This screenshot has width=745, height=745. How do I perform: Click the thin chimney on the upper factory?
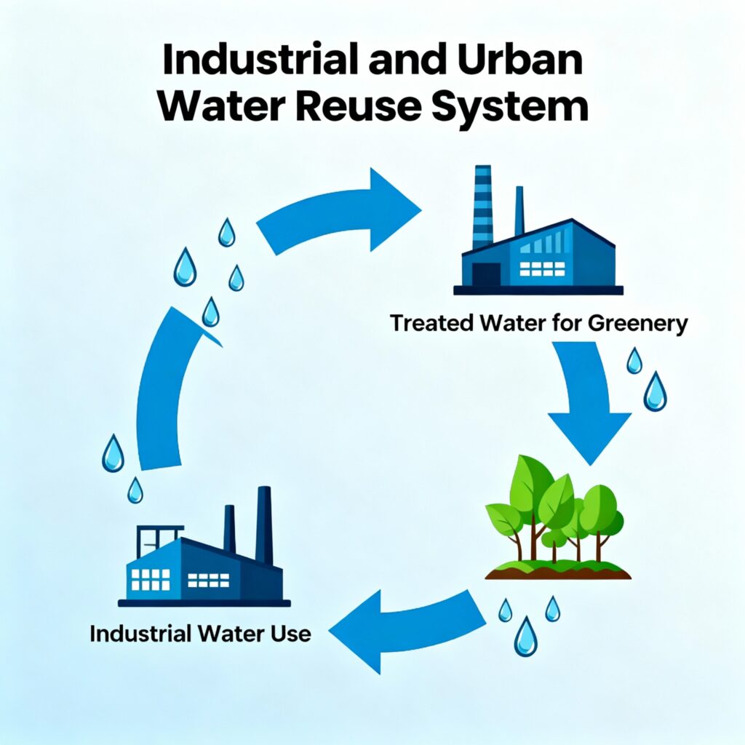click(519, 211)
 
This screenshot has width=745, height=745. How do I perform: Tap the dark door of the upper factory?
click(486, 274)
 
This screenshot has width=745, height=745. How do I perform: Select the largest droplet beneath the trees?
click(525, 637)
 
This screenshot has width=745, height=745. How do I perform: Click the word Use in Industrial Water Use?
click(290, 633)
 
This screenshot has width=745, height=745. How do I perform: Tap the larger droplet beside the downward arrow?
click(655, 391)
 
